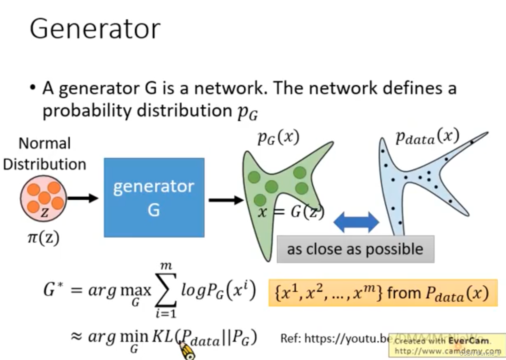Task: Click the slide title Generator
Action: [95, 29]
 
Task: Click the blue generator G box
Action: [154, 197]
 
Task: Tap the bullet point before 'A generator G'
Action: [32, 89]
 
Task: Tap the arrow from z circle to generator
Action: [82, 198]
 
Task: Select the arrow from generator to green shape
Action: [225, 200]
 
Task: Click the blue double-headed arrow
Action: [356, 222]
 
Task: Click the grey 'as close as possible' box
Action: [355, 249]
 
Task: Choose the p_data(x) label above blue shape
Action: [427, 137]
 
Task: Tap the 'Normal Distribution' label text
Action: [45, 154]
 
